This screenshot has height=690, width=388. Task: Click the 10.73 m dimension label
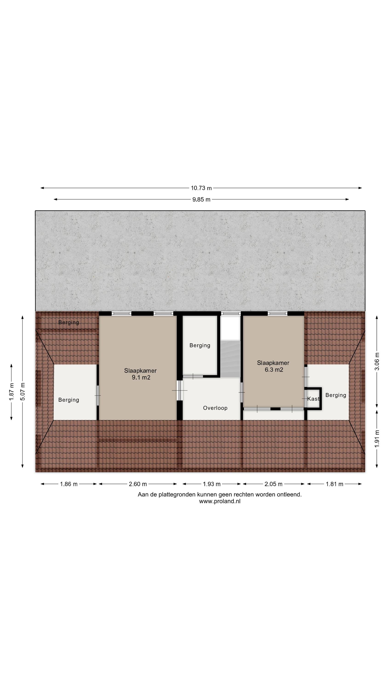click(201, 188)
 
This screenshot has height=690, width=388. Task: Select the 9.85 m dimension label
click(201, 199)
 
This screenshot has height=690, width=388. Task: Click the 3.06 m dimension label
click(377, 361)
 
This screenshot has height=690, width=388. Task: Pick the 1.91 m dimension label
click(377, 438)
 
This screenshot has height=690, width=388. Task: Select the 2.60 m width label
click(138, 484)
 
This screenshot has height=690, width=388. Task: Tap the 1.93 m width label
click(211, 484)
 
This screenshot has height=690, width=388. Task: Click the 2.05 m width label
click(273, 484)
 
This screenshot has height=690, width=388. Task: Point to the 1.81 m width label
click(334, 484)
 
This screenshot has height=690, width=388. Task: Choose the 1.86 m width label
click(69, 484)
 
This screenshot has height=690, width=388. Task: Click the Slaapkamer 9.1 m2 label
click(140, 374)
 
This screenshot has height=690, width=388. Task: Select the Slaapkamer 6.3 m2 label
click(273, 366)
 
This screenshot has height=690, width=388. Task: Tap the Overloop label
click(215, 408)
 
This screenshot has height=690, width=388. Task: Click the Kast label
click(313, 399)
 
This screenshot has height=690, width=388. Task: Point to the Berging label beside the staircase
click(200, 345)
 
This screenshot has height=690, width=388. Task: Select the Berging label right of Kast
click(336, 395)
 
